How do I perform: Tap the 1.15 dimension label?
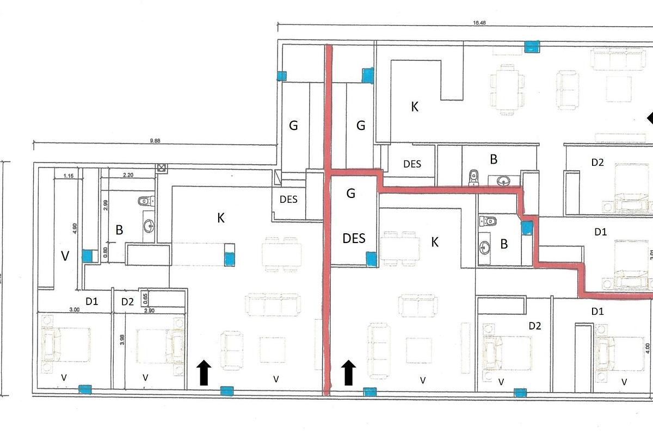68,176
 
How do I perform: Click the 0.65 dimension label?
145,298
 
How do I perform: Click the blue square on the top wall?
532,46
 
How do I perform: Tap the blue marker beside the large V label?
87,256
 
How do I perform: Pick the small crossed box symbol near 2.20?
161,169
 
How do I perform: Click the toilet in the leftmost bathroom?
145,201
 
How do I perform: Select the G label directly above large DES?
350,193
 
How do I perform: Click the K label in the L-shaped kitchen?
415,107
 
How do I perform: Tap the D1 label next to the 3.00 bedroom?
91,301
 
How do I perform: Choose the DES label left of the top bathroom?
412,164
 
